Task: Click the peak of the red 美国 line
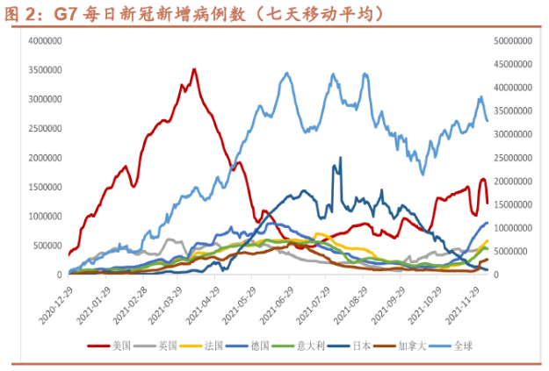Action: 194,69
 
